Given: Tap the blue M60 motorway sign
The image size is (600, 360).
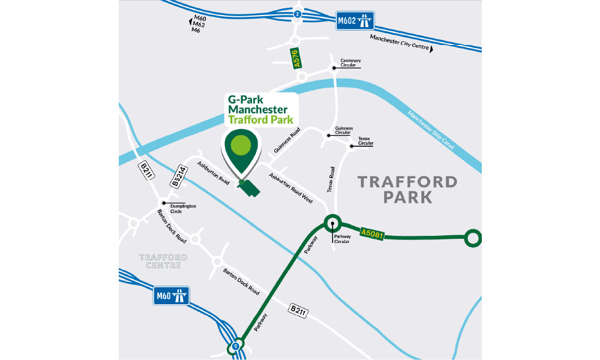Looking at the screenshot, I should (x=172, y=295).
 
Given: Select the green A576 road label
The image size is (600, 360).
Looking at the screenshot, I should (x=297, y=59).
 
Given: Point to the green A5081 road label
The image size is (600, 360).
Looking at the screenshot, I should (x=371, y=232).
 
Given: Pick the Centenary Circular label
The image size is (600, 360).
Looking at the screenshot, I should (x=351, y=64).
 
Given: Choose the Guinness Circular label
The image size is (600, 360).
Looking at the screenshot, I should (x=344, y=131).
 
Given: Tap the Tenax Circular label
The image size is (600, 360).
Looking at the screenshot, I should (x=365, y=141).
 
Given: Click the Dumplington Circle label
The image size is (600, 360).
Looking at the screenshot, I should (x=183, y=208).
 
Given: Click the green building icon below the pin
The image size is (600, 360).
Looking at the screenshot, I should (x=247, y=188).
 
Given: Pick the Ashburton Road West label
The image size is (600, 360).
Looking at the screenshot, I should (x=291, y=188).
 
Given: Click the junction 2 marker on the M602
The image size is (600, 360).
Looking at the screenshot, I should (x=297, y=13).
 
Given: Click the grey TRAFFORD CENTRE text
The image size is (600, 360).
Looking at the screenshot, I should (x=163, y=261).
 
